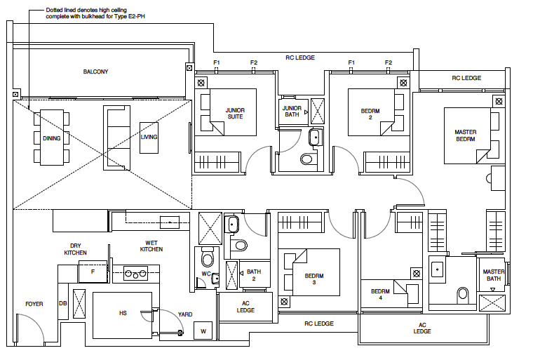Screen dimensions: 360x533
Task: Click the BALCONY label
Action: pos(95,72)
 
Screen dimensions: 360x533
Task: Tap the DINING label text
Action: pos(52,138)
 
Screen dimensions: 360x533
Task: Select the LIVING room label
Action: pos(149,137)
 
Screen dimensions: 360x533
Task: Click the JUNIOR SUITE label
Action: pos(234,114)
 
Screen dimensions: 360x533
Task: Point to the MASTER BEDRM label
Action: pos(465,135)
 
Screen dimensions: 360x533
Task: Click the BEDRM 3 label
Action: pos(315,279)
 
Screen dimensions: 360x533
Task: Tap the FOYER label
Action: pos(34,304)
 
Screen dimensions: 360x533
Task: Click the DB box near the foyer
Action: pos(62,304)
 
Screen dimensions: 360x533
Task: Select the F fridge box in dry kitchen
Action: pos(92,271)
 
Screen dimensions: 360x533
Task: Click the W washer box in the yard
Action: pos(204,331)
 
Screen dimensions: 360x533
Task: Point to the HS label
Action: pos(123,313)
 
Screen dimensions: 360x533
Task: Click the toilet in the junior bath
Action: pos(306,159)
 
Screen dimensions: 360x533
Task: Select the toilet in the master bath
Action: pos(462,293)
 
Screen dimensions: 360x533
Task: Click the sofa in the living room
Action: pos(117,138)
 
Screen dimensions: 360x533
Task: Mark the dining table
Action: pos(52,138)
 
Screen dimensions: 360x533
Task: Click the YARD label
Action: pos(185,314)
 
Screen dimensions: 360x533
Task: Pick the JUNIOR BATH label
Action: pos(292,112)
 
